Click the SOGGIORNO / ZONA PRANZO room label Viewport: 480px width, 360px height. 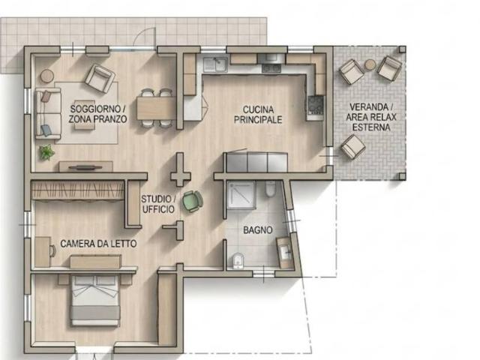coord(97,113)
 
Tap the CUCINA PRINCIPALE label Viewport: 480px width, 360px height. coord(258,115)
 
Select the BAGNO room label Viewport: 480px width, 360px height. coord(258,230)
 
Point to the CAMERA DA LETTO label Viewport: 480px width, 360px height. coord(98,244)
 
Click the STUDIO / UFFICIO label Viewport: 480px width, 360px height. coord(158,204)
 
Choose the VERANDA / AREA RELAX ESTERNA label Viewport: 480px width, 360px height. coord(371,117)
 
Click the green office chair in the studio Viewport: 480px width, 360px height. coord(193,201)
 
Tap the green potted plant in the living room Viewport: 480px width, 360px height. coord(46,152)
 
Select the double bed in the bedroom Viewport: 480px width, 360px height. coord(95,301)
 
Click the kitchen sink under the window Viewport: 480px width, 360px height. coord(216,64)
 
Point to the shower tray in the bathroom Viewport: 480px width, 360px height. coord(241,194)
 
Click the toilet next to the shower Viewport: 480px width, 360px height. coord(270,188)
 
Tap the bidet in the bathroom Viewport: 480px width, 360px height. coord(238,260)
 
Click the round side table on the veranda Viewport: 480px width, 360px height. coord(370,64)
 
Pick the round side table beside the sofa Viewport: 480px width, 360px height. coord(47,76)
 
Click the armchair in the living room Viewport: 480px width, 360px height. coord(100,78)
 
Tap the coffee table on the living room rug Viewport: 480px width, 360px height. coord(85,115)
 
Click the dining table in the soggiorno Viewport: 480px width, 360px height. coord(157,108)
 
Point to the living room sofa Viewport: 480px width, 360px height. coord(48,113)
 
